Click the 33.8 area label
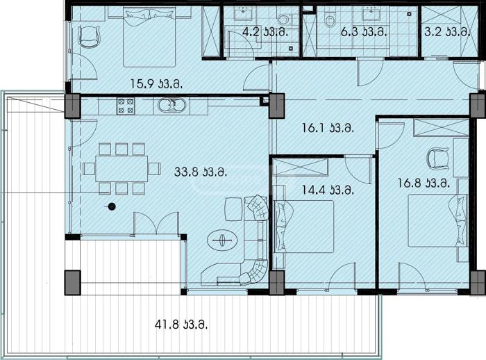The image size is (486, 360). click(201, 172)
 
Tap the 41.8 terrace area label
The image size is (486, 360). click(181, 325)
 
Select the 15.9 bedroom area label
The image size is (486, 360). click(156, 84)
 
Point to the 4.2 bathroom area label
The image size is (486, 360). click(265, 32)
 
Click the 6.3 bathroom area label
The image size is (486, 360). click(364, 32)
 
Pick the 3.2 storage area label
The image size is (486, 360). click(447, 32)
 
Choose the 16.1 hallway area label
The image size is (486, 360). click(328, 128)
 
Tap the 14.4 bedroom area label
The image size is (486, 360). click(328, 190)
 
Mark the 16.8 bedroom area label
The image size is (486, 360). click(424, 183)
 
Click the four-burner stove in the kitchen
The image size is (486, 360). click(126, 106)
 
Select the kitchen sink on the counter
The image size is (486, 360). click(171, 106)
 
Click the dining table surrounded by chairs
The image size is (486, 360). click(121, 169)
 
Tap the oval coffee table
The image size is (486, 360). click(222, 240)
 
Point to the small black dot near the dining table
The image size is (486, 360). click(112, 206)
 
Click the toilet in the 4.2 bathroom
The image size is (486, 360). click(283, 19)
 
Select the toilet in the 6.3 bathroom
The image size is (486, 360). click(330, 19)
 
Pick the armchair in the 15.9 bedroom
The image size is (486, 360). click(90, 37)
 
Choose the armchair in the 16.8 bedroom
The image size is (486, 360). click(437, 158)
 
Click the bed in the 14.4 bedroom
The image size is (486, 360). click(304, 227)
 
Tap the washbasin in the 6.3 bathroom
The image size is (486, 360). click(372, 14)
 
